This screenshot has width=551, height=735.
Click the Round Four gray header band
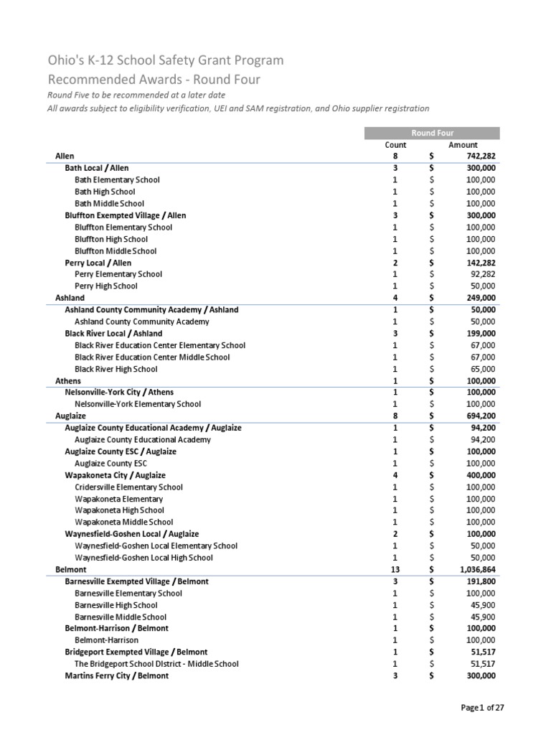(x=432, y=133)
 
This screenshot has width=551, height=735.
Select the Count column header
(x=395, y=145)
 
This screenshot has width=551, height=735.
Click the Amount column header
(x=463, y=145)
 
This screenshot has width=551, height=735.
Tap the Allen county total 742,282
(x=477, y=156)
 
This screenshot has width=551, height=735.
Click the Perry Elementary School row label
(x=118, y=274)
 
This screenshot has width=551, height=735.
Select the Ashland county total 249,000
(x=477, y=298)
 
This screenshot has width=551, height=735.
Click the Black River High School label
(x=116, y=369)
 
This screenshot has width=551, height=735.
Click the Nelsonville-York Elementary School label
(x=138, y=404)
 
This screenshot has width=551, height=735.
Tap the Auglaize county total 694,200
(x=477, y=416)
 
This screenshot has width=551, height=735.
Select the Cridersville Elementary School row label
(x=128, y=487)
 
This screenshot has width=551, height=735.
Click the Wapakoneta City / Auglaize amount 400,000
(x=477, y=475)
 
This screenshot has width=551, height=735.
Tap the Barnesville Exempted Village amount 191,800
(x=477, y=581)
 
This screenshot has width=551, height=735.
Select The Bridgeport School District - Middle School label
(x=156, y=665)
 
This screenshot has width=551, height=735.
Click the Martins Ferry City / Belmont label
(x=117, y=676)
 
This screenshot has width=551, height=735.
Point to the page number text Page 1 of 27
(x=482, y=708)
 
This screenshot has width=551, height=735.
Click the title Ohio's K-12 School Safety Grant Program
(x=165, y=61)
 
